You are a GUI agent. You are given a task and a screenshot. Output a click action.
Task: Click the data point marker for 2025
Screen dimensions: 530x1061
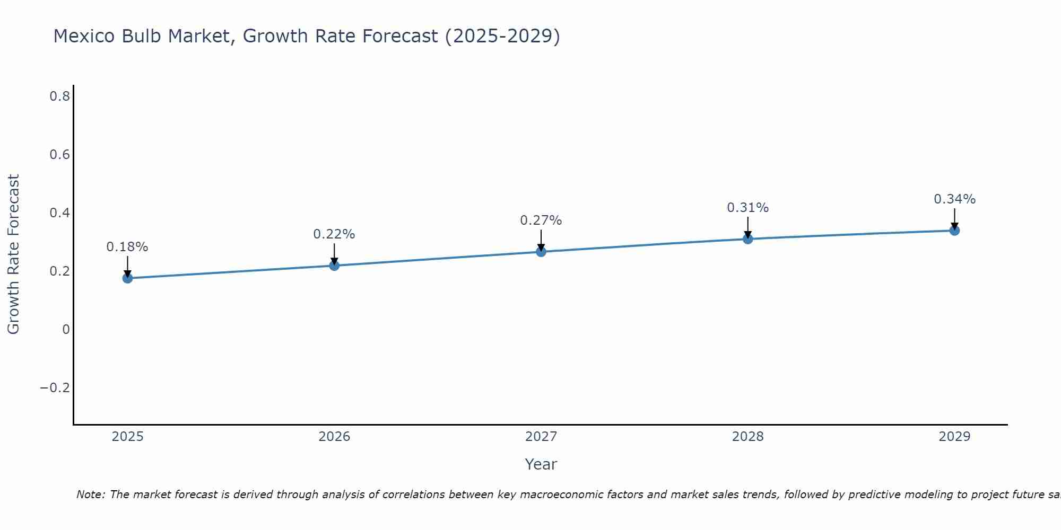pyautogui.click(x=127, y=278)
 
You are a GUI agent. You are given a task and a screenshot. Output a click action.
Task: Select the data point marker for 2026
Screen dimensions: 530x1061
pyautogui.click(x=334, y=265)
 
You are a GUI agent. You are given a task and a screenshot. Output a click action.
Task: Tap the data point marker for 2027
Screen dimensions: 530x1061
pyautogui.click(x=541, y=251)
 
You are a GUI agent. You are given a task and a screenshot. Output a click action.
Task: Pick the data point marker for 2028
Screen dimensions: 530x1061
pyautogui.click(x=748, y=239)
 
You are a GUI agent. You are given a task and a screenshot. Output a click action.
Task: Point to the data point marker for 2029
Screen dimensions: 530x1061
pyautogui.click(x=954, y=230)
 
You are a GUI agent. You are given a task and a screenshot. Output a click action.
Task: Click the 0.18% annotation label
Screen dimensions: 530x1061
pyautogui.click(x=127, y=247)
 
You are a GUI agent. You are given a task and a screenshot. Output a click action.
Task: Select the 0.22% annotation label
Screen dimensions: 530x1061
pyautogui.click(x=334, y=234)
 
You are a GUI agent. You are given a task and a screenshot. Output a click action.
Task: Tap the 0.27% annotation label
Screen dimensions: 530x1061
pyautogui.click(x=541, y=220)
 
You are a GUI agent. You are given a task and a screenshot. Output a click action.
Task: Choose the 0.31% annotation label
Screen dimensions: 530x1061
pyautogui.click(x=748, y=208)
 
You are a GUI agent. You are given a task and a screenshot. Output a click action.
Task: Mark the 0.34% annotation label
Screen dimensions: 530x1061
pyautogui.click(x=954, y=199)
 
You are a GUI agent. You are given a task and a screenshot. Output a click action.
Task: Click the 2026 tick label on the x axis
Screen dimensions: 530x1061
pyautogui.click(x=334, y=437)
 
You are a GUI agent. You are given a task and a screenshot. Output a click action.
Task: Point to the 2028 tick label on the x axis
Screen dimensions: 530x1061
pyautogui.click(x=748, y=437)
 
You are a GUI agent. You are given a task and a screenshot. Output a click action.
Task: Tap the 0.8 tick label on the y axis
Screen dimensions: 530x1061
pyautogui.click(x=59, y=96)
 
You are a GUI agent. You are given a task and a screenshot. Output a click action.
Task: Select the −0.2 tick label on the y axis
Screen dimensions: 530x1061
pyautogui.click(x=55, y=388)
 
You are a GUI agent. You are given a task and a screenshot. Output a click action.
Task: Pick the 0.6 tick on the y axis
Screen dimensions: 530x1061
pyautogui.click(x=59, y=155)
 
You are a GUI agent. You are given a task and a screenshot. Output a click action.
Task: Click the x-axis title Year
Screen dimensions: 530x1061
pyautogui.click(x=541, y=464)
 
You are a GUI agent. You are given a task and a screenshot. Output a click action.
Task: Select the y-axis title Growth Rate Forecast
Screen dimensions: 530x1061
pyautogui.click(x=14, y=254)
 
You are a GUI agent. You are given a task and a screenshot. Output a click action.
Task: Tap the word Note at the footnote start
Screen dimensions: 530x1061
pyautogui.click(x=90, y=495)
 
